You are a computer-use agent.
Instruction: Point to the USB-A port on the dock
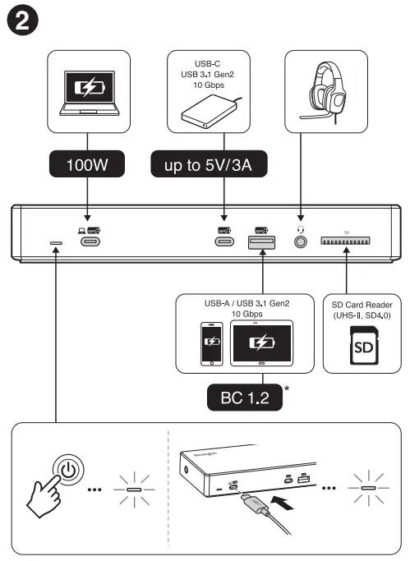(x=261, y=242)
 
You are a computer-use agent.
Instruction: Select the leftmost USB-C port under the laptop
(x=87, y=242)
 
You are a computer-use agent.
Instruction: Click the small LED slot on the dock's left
(x=56, y=243)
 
